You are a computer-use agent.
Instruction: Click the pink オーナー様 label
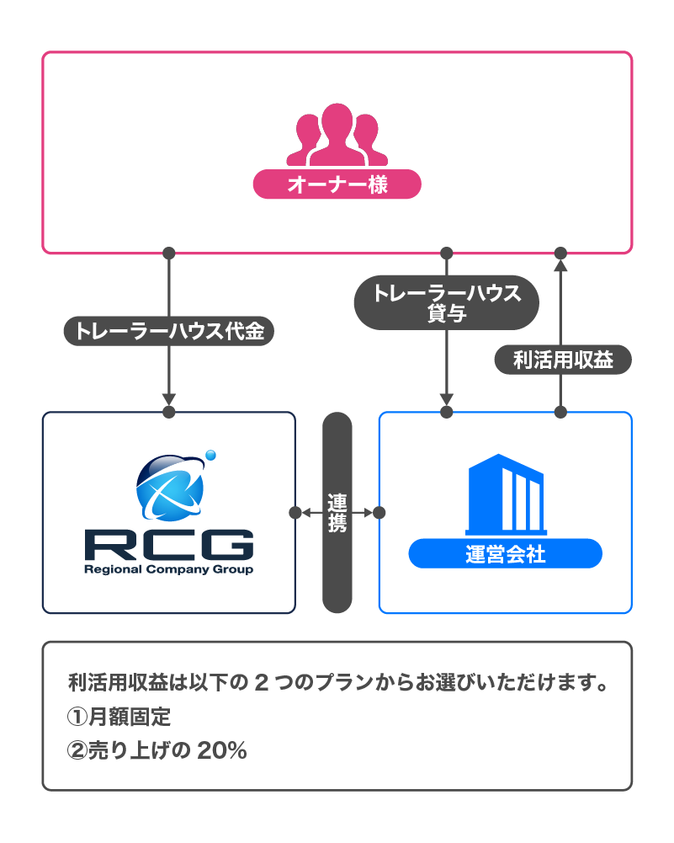coord(337,184)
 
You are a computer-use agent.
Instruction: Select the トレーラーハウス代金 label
coord(168,331)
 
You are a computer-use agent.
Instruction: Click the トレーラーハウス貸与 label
coord(447,302)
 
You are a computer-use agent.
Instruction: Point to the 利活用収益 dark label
coord(562,360)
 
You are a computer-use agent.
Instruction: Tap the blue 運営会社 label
coord(505,554)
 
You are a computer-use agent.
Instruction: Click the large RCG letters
coord(168,545)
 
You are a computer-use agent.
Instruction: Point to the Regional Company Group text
coord(168,569)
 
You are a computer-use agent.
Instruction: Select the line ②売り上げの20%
coord(157,750)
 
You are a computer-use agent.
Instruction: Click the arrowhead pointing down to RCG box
coord(168,397)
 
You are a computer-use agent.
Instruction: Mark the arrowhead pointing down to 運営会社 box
coord(447,397)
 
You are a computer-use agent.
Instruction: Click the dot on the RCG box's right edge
coord(295,512)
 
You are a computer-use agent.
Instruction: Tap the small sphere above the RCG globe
coord(210,456)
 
